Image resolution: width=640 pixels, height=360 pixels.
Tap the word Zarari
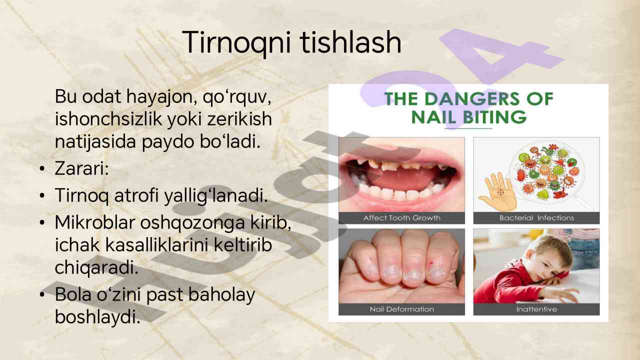tap(81, 169)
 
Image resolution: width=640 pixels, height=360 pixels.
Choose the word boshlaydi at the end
tap(97, 316)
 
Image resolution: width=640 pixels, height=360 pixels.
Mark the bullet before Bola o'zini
tap(43, 295)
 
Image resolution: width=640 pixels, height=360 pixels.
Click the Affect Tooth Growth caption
tap(401, 218)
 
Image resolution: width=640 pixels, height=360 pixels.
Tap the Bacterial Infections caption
tap(536, 218)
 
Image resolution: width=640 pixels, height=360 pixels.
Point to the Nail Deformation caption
tap(401, 309)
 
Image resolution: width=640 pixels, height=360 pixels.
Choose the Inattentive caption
tap(536, 309)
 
